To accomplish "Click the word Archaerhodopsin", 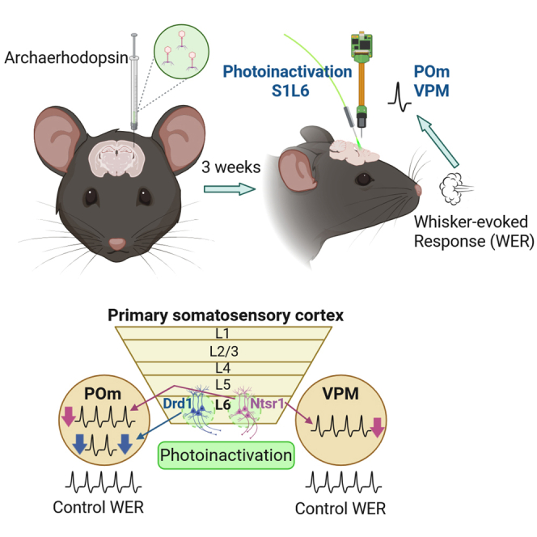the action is pos(66,57).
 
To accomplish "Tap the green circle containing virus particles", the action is pos(181,52).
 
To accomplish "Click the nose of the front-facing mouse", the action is pos(117,244).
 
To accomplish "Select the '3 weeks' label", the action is pos(230,167).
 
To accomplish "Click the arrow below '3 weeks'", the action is pos(230,189).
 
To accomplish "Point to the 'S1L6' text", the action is pos(290,91).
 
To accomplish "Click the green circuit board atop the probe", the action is pos(362,44).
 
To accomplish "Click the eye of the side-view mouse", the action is pos(363,179).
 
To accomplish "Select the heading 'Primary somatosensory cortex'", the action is pos(226,315).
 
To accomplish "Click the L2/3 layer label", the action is pos(224,351).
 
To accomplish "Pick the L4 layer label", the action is pos(223,368).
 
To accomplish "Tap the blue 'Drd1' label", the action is pos(177,404).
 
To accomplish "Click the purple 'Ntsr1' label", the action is pos(267,404).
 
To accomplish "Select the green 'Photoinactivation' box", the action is pos(226,455).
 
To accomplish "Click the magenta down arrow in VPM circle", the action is pos(377,427).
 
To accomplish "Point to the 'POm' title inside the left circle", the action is pos(103,394).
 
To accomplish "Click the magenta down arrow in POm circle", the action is pos(68,416).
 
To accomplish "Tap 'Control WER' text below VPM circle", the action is pos(340,509).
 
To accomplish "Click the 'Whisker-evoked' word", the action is pos(471,222).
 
